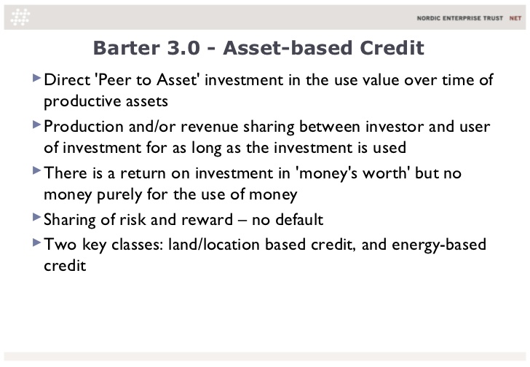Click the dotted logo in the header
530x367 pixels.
20,17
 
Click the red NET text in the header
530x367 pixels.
515,18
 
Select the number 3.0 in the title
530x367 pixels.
183,47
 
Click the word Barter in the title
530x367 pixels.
127,47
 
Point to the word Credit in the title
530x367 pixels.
392,47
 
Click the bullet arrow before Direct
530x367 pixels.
36,79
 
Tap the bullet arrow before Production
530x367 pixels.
36,125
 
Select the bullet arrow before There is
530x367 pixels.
36,170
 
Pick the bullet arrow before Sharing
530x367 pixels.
36,217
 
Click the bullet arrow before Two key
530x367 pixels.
36,242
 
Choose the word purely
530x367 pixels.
119,195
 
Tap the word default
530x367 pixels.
299,219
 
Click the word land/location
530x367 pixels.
213,245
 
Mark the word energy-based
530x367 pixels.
439,245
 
